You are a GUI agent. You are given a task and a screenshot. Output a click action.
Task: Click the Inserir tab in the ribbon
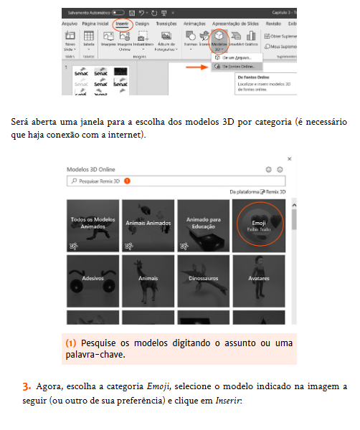coord(122,24)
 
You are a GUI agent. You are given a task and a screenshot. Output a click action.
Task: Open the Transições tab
coord(166,24)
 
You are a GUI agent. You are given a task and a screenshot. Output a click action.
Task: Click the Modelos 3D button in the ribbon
coord(219,39)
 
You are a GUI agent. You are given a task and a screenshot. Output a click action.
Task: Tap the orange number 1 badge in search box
coord(127,182)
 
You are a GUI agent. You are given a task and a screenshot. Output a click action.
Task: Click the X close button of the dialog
coord(288,158)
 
